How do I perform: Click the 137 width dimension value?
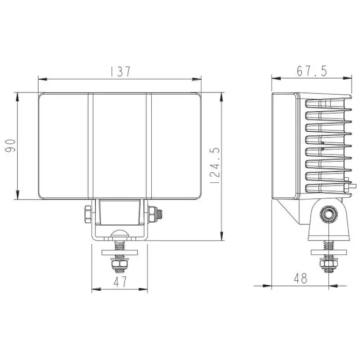[120, 71]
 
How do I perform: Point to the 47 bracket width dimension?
[120, 282]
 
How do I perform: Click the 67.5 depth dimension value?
[312, 71]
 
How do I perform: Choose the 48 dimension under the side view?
[301, 279]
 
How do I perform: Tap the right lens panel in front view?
[176, 146]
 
